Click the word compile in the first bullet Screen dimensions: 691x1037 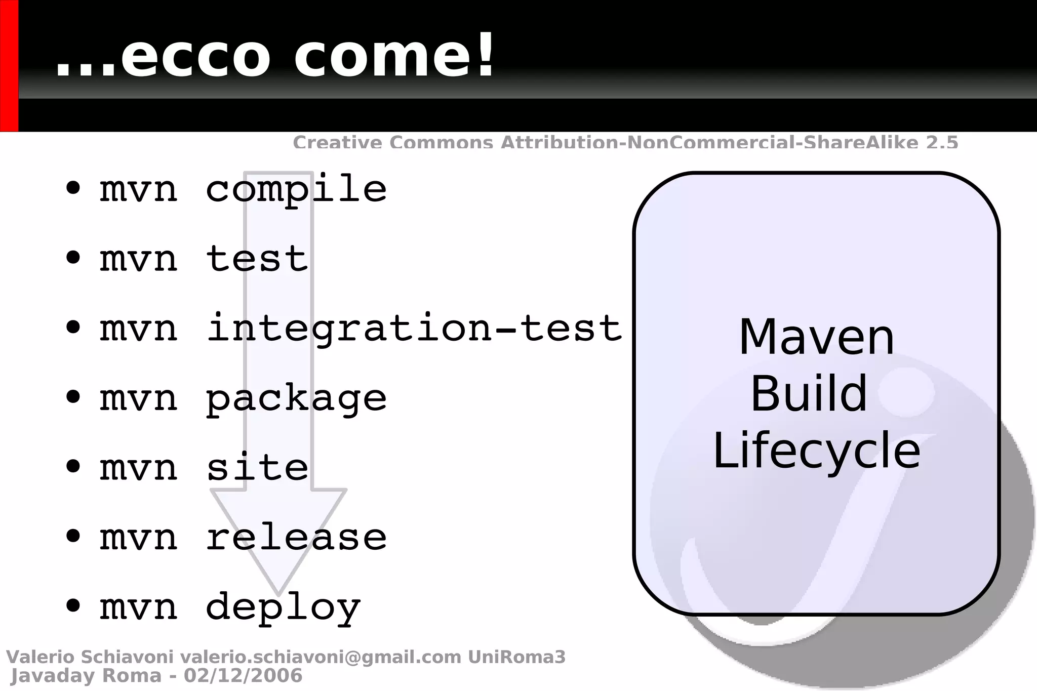coord(296,189)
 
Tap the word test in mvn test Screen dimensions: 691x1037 coord(257,259)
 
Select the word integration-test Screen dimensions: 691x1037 coord(414,328)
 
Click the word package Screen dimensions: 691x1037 coord(296,398)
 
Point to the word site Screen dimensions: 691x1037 coord(257,467)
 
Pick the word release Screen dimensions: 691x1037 coord(296,537)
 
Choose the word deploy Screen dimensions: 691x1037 coord(283,607)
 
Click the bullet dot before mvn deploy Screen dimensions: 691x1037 coord(73,605)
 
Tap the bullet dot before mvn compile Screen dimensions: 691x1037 coord(73,188)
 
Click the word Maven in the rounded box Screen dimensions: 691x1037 coord(816,338)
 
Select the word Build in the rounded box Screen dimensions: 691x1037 coord(809,394)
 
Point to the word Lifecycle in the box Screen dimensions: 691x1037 coord(816,451)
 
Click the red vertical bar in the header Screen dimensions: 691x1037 coord(9,66)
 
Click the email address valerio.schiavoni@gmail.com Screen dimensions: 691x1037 coord(321,657)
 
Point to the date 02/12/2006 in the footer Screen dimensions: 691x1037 coord(243,676)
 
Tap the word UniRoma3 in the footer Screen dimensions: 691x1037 coord(516,657)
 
